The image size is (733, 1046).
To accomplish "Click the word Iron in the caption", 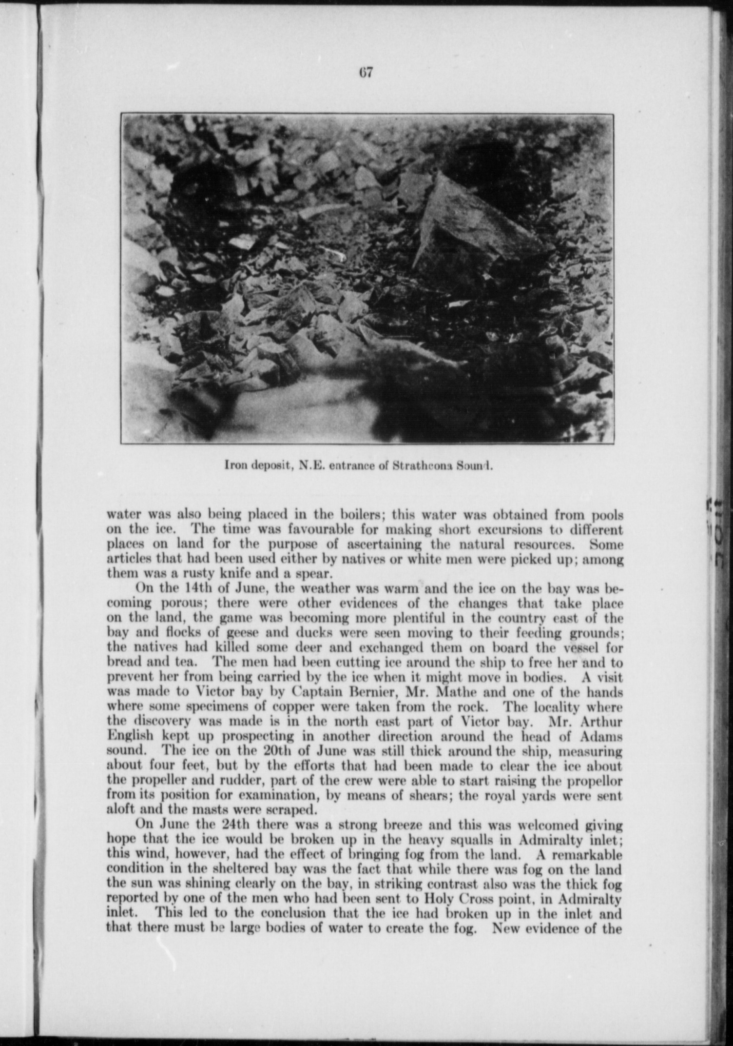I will (x=233, y=465).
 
